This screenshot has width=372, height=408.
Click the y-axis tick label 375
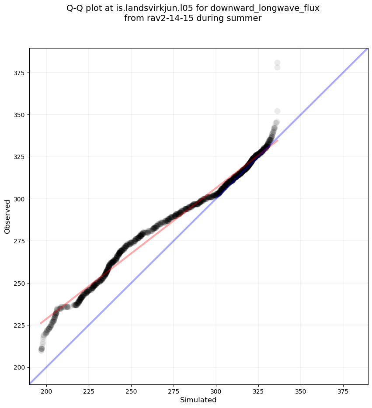21,73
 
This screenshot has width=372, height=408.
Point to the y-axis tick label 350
21,114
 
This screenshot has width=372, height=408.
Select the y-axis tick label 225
21,325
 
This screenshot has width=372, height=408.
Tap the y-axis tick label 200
21,367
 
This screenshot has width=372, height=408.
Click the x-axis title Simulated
198,400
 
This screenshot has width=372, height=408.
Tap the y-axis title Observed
7,216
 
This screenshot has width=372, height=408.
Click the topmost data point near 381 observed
277,63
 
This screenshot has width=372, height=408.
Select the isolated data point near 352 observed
277,111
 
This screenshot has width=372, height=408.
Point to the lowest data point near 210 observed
41,350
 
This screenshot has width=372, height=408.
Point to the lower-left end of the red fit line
41,323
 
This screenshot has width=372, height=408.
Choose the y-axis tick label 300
21,199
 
